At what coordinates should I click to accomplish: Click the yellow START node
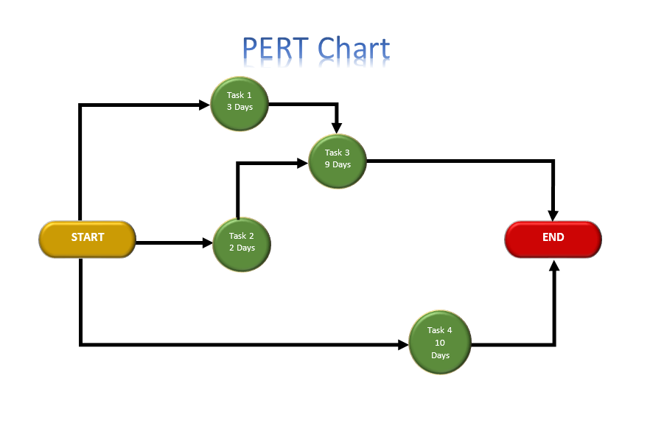pyautogui.click(x=88, y=239)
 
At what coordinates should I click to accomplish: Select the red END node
pyautogui.click(x=553, y=239)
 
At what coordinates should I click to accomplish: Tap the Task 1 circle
pyautogui.click(x=240, y=104)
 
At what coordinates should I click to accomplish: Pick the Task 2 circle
pyautogui.click(x=242, y=245)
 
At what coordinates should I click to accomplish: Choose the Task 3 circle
pyautogui.click(x=338, y=161)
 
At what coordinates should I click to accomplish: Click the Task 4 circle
pyautogui.click(x=440, y=342)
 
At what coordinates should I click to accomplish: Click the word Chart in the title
pyautogui.click(x=354, y=48)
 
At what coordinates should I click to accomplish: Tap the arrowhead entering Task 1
pyautogui.click(x=204, y=105)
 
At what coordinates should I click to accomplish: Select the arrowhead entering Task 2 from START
pyautogui.click(x=207, y=242)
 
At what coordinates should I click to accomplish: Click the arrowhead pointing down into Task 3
pyautogui.click(x=337, y=128)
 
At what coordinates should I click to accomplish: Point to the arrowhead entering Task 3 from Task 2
pyautogui.click(x=303, y=163)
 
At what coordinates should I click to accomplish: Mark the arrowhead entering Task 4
pyautogui.click(x=403, y=344)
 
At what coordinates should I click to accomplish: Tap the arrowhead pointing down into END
pyautogui.click(x=553, y=215)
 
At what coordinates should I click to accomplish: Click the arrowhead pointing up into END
pyautogui.click(x=554, y=265)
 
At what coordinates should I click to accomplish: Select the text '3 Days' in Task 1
pyautogui.click(x=240, y=107)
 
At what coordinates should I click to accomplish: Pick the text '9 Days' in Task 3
pyautogui.click(x=338, y=164)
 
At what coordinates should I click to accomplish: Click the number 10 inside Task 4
pyautogui.click(x=440, y=343)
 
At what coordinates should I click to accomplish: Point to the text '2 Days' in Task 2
pyautogui.click(x=242, y=248)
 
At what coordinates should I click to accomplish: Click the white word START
pyautogui.click(x=88, y=237)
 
